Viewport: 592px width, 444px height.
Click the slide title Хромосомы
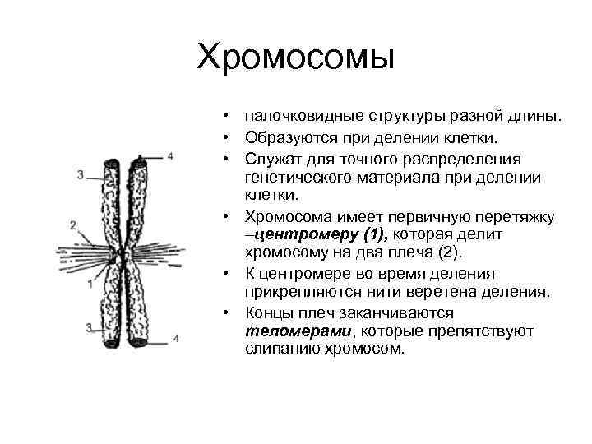[x=296, y=58]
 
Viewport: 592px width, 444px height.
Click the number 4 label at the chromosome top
[x=171, y=155]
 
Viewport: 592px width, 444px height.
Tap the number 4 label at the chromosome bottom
[x=175, y=337]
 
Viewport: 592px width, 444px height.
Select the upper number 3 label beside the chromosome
[x=80, y=174]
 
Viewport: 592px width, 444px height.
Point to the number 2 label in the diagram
[x=73, y=224]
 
